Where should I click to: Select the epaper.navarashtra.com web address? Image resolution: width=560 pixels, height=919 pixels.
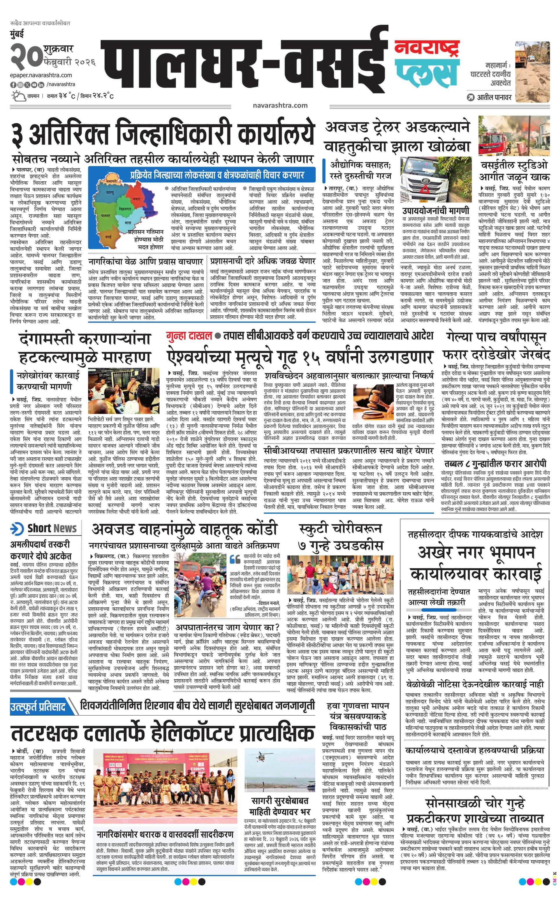[41, 75]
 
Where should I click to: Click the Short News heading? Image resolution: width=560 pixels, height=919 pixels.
[52, 528]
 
